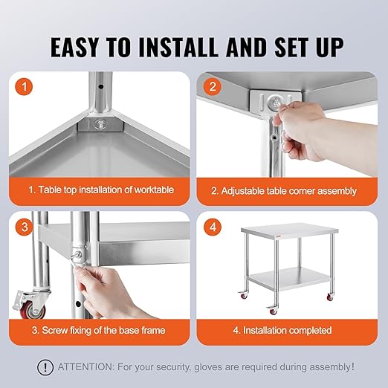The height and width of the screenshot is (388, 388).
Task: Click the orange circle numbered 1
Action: pyautogui.click(x=27, y=88)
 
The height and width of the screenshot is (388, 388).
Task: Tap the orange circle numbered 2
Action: pyautogui.click(x=213, y=88)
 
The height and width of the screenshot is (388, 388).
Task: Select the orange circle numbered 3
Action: pyautogui.click(x=27, y=227)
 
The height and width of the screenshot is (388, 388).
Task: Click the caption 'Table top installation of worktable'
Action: pyautogui.click(x=102, y=190)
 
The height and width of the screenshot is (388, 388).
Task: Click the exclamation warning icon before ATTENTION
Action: pyautogui.click(x=46, y=366)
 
